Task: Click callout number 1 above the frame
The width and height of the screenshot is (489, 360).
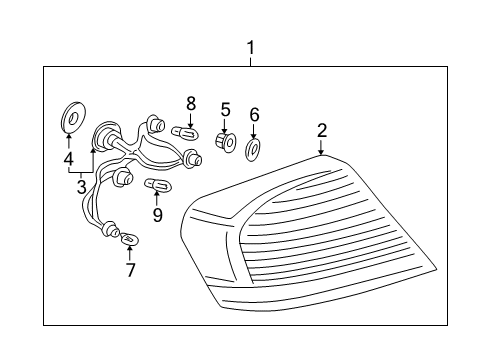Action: tap(250, 47)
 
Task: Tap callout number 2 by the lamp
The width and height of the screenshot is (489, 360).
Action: tap(322, 129)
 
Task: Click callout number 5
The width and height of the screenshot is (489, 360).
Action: tap(225, 110)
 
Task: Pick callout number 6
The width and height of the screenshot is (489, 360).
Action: tap(254, 115)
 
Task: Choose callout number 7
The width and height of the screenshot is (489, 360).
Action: tap(130, 269)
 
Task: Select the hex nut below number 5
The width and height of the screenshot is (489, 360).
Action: tap(225, 145)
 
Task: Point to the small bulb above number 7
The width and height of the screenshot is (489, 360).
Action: tap(130, 239)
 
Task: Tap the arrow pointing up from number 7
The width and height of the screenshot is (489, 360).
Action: tap(130, 252)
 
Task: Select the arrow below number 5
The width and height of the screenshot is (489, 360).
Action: tap(225, 127)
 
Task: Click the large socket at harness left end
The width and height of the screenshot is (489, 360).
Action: tap(105, 137)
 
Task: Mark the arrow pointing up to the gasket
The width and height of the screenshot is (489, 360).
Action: tap(68, 139)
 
